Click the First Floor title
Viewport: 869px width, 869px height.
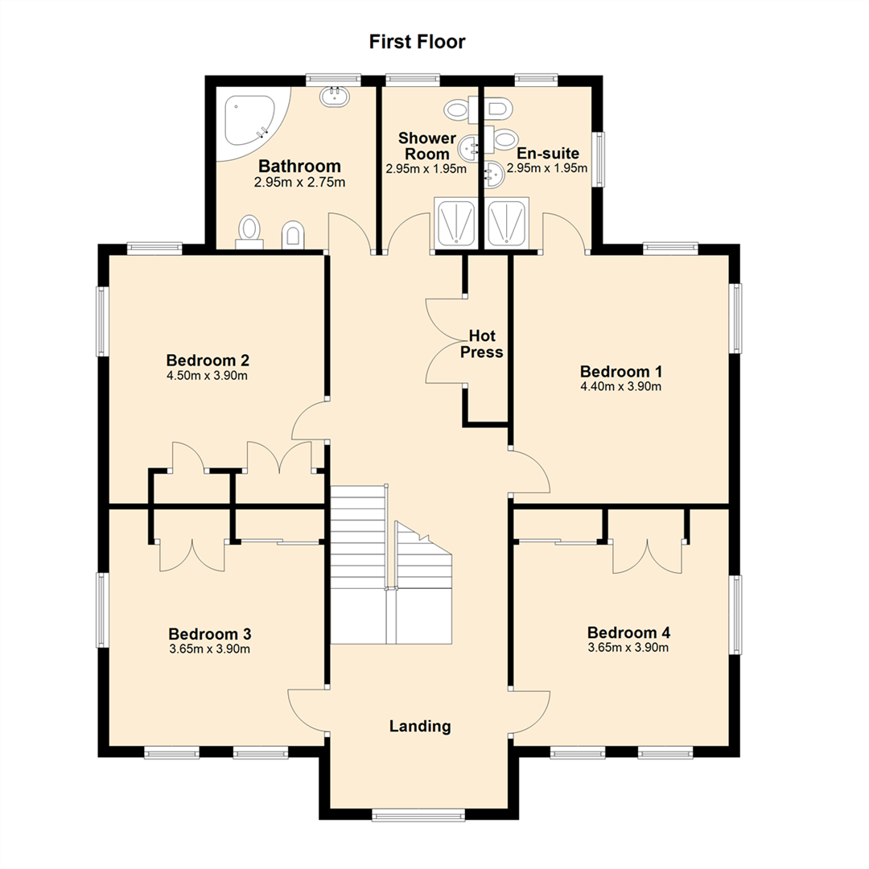[x=417, y=42]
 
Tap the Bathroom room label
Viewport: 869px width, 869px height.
[x=299, y=166]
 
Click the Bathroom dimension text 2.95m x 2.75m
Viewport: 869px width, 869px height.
[x=299, y=182]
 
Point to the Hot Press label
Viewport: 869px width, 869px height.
[x=482, y=344]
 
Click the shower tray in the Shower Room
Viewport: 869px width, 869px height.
[x=455, y=222]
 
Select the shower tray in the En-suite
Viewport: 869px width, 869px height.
[x=507, y=222]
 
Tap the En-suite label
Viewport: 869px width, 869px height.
[x=548, y=153]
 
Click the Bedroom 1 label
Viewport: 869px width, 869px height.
[x=620, y=371]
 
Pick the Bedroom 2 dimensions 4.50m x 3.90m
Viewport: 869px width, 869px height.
[x=207, y=376]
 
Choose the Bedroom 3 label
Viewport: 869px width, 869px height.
[x=209, y=633]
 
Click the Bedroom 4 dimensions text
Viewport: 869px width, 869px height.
[x=628, y=647]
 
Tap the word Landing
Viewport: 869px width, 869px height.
[x=419, y=726]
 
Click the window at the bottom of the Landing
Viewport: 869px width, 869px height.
[x=418, y=814]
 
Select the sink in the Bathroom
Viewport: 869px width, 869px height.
[x=335, y=97]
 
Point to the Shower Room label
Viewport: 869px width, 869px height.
[x=426, y=146]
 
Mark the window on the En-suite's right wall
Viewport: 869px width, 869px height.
[x=598, y=159]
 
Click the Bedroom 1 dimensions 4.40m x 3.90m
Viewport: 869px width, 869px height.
[x=620, y=387]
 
